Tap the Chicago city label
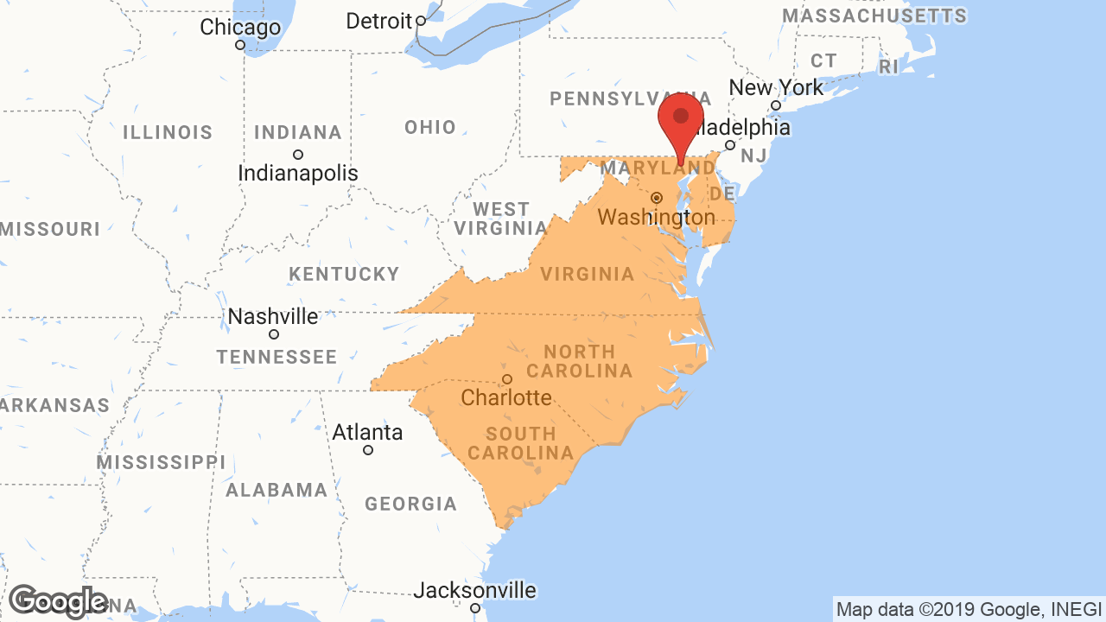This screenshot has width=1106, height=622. (240, 28)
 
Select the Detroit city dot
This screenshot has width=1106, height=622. (421, 21)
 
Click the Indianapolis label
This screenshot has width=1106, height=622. (298, 173)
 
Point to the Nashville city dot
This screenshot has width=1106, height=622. (274, 334)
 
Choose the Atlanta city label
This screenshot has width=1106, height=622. (367, 432)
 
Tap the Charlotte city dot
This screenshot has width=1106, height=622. (507, 379)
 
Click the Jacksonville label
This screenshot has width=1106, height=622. (474, 591)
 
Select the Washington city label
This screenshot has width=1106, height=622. (657, 217)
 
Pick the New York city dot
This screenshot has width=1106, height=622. (776, 106)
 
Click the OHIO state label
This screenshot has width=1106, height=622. (430, 128)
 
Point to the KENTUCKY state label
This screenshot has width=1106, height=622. (344, 275)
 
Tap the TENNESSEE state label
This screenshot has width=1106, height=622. (276, 357)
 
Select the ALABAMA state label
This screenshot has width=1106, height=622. (276, 491)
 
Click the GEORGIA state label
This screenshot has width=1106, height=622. (410, 504)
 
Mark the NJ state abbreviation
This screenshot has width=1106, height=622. (753, 155)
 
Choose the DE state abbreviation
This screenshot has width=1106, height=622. (721, 192)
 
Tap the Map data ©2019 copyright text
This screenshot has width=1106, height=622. (968, 609)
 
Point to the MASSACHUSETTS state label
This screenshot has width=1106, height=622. (874, 16)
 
